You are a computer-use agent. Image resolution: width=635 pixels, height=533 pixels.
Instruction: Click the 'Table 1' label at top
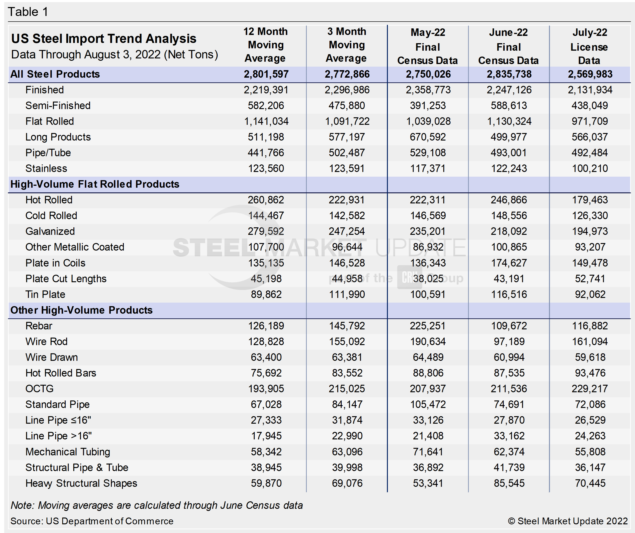pos(28,12)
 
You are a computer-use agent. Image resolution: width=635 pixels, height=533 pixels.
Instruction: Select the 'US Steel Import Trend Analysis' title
pos(104,39)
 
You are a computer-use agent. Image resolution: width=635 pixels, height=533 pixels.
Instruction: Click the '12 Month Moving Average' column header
pos(265,45)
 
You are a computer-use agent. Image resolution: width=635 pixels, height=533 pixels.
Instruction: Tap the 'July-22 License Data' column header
pos(589,46)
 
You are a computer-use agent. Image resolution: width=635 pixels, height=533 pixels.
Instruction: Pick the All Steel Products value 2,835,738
pos(509,74)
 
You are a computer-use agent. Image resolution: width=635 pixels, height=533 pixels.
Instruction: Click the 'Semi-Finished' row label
pos(58,106)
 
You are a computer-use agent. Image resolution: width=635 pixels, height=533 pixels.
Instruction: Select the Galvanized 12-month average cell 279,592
pos(266,231)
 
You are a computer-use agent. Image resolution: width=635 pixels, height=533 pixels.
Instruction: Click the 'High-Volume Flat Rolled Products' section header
pos(95,184)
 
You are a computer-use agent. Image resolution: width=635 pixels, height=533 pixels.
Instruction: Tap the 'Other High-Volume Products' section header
pos(81,310)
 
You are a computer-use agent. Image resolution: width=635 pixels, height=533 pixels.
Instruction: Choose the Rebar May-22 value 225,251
pos(427,326)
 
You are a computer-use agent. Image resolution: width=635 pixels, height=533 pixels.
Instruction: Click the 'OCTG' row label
pos(39,389)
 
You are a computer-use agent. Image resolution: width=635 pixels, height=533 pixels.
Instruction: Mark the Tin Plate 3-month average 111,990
pos(347,295)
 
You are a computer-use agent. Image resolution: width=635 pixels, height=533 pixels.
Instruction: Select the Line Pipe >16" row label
pos(58,436)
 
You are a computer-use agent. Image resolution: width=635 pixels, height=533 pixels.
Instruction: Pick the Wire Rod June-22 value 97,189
pos(509,342)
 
